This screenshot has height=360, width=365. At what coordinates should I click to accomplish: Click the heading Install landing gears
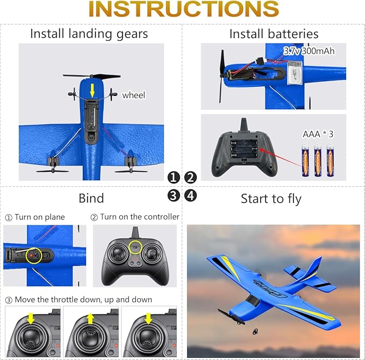(x=89, y=33)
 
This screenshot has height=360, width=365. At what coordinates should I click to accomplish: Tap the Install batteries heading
(x=274, y=34)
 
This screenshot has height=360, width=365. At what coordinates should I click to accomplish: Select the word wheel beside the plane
(x=133, y=95)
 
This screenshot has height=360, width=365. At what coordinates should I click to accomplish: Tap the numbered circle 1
(x=173, y=178)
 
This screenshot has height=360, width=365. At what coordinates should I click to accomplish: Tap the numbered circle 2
(x=191, y=178)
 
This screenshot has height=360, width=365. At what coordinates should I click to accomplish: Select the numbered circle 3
(x=173, y=195)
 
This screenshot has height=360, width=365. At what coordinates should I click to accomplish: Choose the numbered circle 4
(x=191, y=195)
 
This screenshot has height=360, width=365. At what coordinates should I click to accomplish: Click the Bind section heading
(x=91, y=198)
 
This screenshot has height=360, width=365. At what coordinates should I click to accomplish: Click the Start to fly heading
(x=271, y=199)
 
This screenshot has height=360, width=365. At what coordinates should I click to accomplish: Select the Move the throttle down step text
(x=78, y=299)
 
